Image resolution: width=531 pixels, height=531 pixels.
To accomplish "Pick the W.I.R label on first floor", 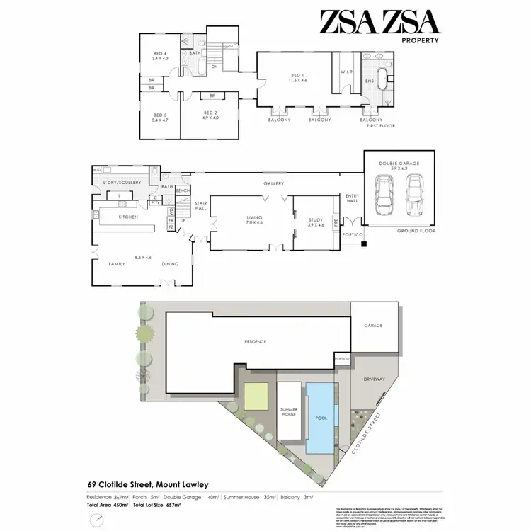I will pyautogui.click(x=346, y=71).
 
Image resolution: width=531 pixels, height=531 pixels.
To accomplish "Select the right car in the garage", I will pyautogui.click(x=413, y=195).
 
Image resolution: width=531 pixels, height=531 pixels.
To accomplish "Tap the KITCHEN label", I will pyautogui.click(x=127, y=216).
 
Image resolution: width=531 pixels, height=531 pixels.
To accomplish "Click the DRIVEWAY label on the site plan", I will pyautogui.click(x=375, y=379).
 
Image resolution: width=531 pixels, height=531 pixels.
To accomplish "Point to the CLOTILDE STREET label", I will pyautogui.click(x=367, y=433).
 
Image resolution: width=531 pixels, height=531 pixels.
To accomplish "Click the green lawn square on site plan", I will pyautogui.click(x=256, y=396).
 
